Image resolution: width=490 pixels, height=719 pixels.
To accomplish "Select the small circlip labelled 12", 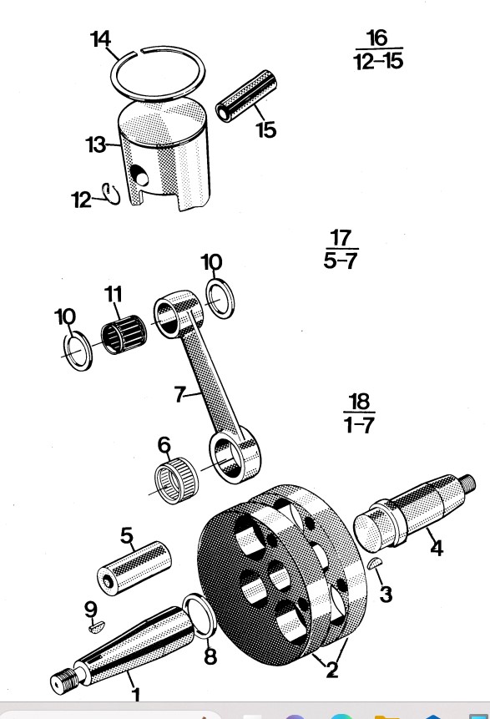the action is click(x=110, y=194).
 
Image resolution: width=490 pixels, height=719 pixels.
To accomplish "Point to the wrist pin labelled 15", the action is click(x=246, y=96).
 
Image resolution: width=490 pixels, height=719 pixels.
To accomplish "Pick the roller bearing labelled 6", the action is click(x=176, y=480).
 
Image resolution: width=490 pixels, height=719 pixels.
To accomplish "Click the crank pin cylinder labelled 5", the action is click(x=134, y=566).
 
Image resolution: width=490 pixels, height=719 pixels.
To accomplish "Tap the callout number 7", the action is click(x=179, y=394).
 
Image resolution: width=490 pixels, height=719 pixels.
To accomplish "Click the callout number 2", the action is click(x=332, y=670).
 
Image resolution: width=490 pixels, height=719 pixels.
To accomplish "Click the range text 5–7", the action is click(x=341, y=261).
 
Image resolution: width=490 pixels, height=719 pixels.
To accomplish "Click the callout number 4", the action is click(x=437, y=548).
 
